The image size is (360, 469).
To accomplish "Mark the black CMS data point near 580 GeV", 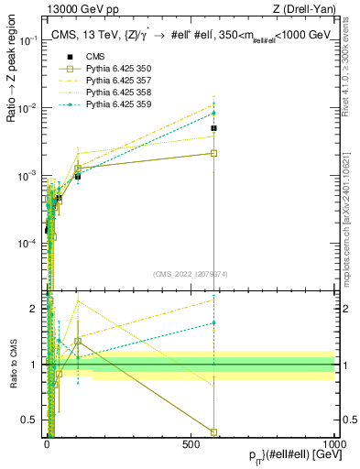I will (x=213, y=128).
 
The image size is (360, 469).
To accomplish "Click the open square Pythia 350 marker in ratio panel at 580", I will (x=213, y=431).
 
